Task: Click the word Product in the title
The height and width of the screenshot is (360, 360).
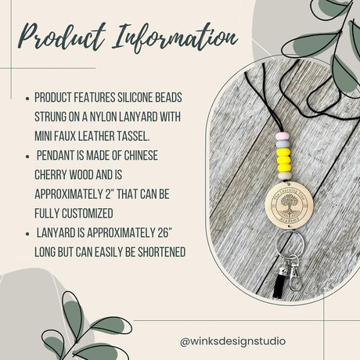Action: (x=60, y=38)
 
